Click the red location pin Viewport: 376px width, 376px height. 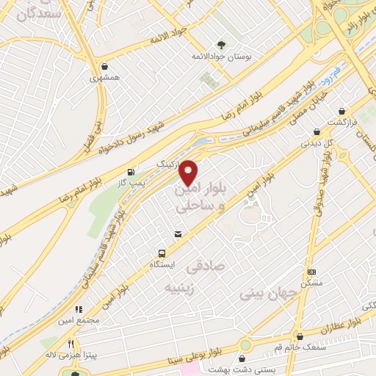click(189, 171)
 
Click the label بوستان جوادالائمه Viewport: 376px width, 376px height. click(217, 57)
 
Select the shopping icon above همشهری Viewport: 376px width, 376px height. click(106, 65)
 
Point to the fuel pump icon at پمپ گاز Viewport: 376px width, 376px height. click(131, 170)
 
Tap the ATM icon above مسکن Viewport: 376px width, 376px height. click(311, 271)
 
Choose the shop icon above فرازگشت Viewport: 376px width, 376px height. click(341, 112)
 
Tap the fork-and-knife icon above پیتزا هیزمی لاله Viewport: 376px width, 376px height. click(71, 343)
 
